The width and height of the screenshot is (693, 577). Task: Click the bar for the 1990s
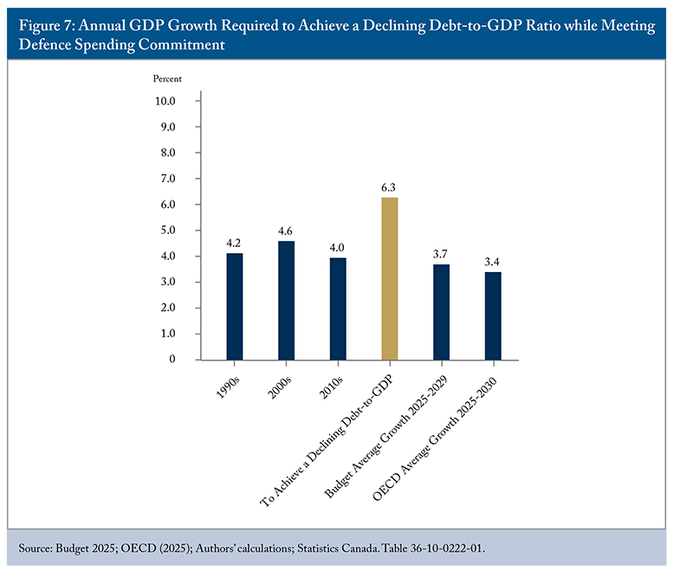click(x=235, y=306)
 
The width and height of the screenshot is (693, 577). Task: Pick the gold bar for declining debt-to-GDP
click(x=390, y=278)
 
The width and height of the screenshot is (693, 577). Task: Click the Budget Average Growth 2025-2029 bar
click(x=441, y=312)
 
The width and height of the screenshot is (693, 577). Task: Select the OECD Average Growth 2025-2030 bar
click(x=493, y=315)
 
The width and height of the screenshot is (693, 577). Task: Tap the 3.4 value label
click(x=493, y=261)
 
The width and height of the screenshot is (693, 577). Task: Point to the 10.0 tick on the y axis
click(x=164, y=100)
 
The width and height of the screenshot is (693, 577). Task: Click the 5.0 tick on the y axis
click(x=165, y=230)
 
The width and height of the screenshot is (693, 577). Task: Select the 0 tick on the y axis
click(x=172, y=360)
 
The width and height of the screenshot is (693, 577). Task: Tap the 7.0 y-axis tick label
click(x=165, y=178)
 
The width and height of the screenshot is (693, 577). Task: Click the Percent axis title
click(x=168, y=79)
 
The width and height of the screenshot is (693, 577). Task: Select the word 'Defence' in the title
click(x=45, y=45)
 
